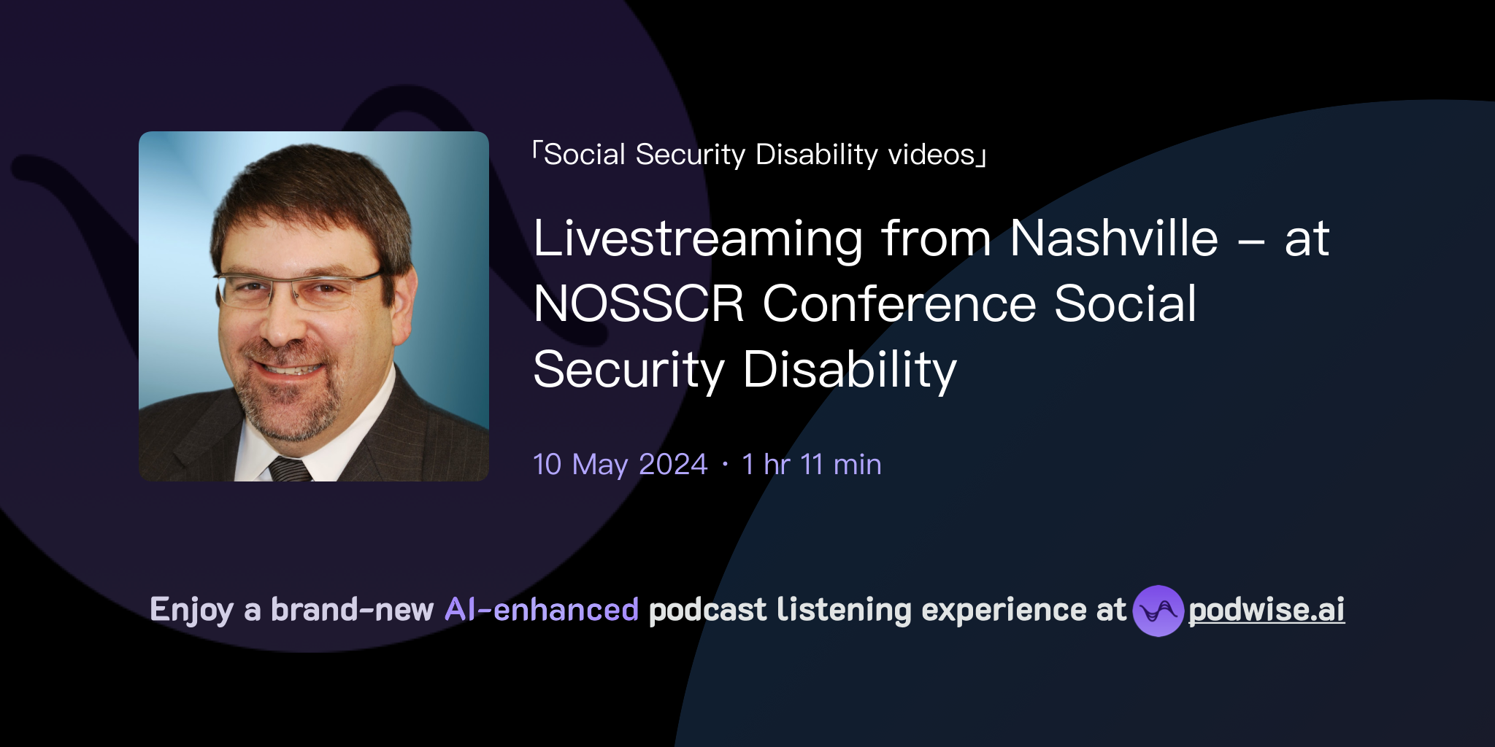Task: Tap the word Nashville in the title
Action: (x=1114, y=239)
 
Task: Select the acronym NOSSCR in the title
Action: (x=639, y=304)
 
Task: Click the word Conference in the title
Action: (x=899, y=304)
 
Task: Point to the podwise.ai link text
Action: (x=1267, y=610)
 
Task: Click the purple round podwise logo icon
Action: (x=1158, y=611)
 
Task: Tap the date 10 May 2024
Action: (x=620, y=465)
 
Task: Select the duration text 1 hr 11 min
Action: (x=811, y=465)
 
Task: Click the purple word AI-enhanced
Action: (x=542, y=610)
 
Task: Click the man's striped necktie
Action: (x=291, y=469)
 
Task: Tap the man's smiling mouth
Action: (x=288, y=369)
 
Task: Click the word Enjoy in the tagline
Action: (x=192, y=610)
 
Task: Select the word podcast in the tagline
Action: (x=707, y=610)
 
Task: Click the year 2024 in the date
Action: (x=673, y=465)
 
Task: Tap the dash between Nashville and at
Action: (x=1251, y=240)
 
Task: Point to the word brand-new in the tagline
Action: (x=352, y=610)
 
